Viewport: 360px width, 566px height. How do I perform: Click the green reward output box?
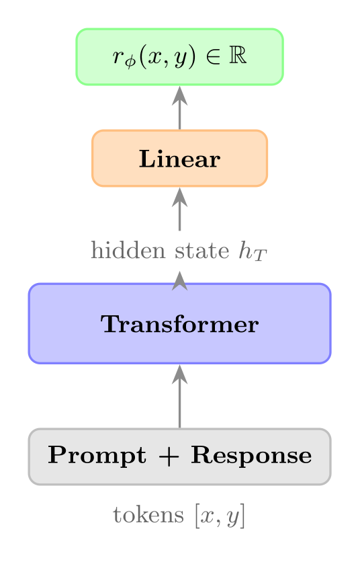click(179, 57)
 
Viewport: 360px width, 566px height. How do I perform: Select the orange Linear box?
click(179, 159)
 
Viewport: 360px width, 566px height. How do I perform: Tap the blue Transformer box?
click(179, 324)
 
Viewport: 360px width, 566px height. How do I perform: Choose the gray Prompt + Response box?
click(179, 456)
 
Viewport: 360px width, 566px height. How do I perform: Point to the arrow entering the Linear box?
click(179, 209)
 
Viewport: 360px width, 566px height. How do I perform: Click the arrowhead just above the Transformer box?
click(179, 280)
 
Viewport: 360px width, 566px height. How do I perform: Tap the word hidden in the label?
click(120, 251)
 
